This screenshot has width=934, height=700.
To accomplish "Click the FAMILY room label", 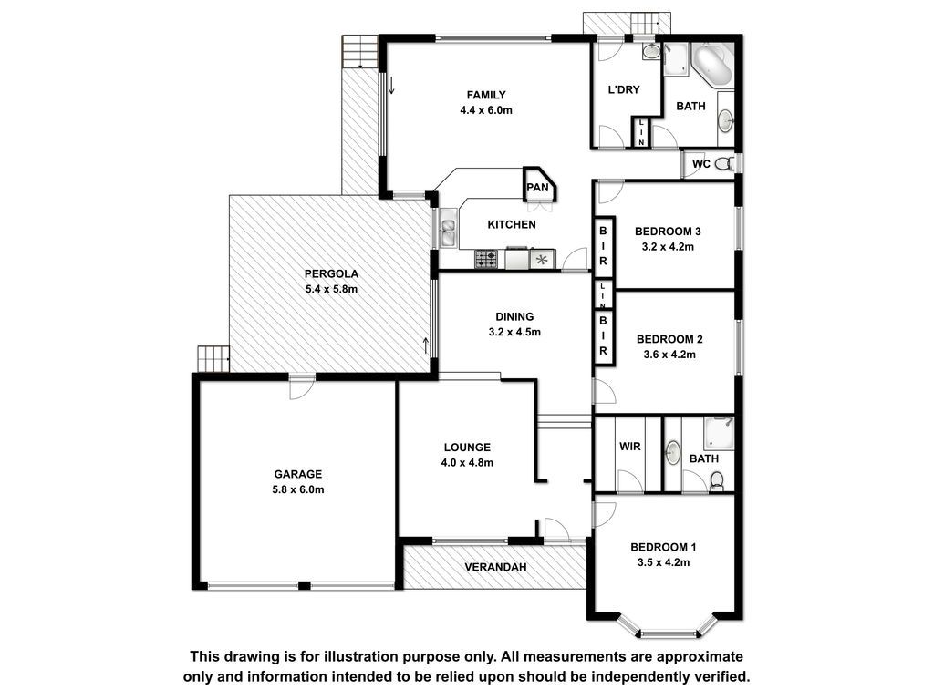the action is tap(486, 95).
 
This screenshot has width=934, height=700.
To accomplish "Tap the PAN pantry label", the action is tap(537, 188).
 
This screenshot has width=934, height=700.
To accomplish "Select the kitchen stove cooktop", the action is tap(485, 260).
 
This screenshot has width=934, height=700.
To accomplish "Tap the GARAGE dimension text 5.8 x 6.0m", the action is tap(298, 489).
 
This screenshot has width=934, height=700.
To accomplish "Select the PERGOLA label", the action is tap(331, 273).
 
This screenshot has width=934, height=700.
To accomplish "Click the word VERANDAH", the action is tap(495, 567).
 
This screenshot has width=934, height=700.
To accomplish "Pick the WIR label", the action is tap(629, 447).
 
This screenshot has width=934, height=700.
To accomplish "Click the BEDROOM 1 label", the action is tap(664, 547).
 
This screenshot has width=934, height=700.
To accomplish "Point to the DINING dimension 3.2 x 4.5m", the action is tap(514, 332).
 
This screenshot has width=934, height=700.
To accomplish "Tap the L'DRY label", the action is tap(624, 90).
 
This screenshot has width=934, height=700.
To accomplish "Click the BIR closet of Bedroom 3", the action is tap(604, 246).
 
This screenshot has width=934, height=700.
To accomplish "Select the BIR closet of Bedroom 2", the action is tap(604, 335).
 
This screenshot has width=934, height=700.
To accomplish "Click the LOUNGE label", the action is tap(467, 447).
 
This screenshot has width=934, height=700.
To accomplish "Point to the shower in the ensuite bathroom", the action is tap(719, 433).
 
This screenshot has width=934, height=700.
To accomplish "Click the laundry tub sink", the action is tap(651, 51).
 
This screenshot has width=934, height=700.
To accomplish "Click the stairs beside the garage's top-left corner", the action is tap(213, 358).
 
